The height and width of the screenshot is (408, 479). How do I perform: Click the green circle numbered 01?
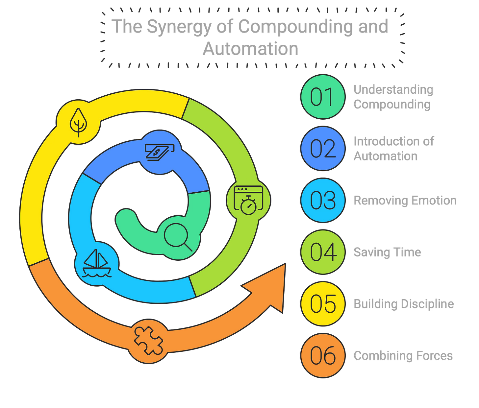pos(323,97)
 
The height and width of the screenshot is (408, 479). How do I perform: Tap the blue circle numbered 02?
pos(323,148)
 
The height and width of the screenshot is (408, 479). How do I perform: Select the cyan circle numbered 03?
pos(323,200)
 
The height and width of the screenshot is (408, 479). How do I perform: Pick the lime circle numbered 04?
pos(323,252)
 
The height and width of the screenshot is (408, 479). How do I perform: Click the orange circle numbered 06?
pos(323,355)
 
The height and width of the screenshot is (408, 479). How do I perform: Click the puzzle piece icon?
pos(148,340)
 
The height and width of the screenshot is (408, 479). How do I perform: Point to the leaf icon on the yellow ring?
pos(78,122)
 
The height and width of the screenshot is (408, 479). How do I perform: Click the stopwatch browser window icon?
pos(249,200)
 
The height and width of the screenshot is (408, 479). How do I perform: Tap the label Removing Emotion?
pos(405,201)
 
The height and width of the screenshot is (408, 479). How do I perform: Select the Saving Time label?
pos(387,252)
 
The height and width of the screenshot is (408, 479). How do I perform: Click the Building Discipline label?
pos(404,304)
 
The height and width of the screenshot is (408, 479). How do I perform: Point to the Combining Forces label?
pos(403,356)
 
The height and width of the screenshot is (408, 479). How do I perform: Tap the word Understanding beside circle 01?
pos(393,89)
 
